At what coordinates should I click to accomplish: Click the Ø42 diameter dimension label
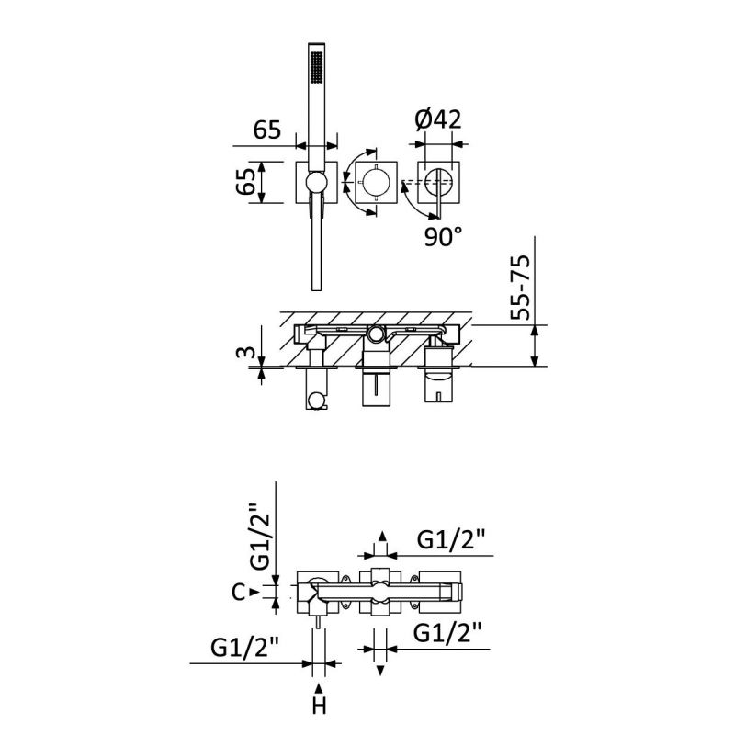pos(438,119)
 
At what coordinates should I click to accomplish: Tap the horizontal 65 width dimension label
pos(267,130)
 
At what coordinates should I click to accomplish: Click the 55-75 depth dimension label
pos(520,287)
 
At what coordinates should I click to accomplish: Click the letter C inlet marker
pos(239,593)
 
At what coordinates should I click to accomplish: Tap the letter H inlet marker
pos(319,706)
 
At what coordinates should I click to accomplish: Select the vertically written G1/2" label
pos(260,537)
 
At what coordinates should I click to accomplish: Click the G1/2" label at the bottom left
pos(244,648)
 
